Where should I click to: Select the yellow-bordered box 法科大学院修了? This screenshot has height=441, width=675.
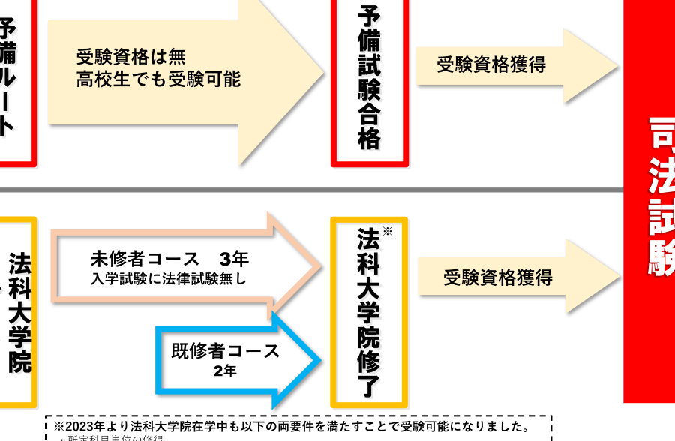click(369, 311)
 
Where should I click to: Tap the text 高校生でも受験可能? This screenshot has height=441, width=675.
click(158, 79)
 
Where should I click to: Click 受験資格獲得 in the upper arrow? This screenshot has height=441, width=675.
click(491, 64)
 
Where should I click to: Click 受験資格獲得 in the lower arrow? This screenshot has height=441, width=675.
click(497, 277)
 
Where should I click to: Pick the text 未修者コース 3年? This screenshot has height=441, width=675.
click(169, 259)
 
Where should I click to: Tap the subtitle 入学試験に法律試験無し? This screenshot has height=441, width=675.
click(169, 279)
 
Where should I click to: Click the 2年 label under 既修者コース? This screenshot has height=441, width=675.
click(224, 371)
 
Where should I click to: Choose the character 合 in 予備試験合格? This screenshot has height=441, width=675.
click(370, 114)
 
